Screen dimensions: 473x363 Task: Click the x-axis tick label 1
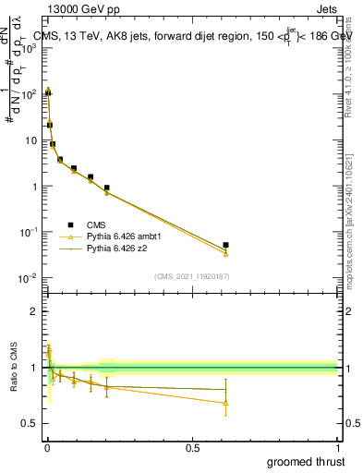(338, 447)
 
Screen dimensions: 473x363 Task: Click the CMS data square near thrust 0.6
(225, 245)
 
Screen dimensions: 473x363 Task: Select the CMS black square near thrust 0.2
(107, 188)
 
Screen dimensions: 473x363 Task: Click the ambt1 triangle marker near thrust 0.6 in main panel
(225, 253)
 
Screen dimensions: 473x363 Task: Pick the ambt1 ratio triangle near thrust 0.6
(225, 403)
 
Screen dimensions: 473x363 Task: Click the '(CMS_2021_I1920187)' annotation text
(191, 276)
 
